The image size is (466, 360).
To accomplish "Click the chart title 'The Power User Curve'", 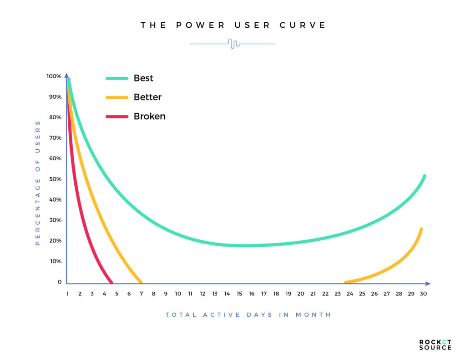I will click(233, 25).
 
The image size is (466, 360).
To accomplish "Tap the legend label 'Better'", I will click(147, 97).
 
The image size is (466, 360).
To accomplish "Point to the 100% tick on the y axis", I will click(54, 76).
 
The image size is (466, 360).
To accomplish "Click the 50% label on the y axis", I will click(55, 179).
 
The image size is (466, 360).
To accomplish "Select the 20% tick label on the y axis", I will click(55, 240).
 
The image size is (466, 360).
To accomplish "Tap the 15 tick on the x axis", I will click(239, 294).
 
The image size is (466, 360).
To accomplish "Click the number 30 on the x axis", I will click(423, 294).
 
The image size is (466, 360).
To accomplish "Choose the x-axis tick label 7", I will click(141, 294).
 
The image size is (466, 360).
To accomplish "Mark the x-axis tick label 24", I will click(349, 294).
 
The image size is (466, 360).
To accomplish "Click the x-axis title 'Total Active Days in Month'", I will click(248, 314).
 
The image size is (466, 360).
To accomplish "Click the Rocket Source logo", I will click(435, 345).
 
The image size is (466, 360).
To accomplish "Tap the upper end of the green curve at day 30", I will click(424, 176).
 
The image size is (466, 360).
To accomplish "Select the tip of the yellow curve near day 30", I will click(421, 229).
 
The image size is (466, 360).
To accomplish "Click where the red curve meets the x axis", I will click(111, 282).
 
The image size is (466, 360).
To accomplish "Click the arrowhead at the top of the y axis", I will click(66, 75).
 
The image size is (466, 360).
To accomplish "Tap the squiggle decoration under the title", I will click(233, 44).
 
